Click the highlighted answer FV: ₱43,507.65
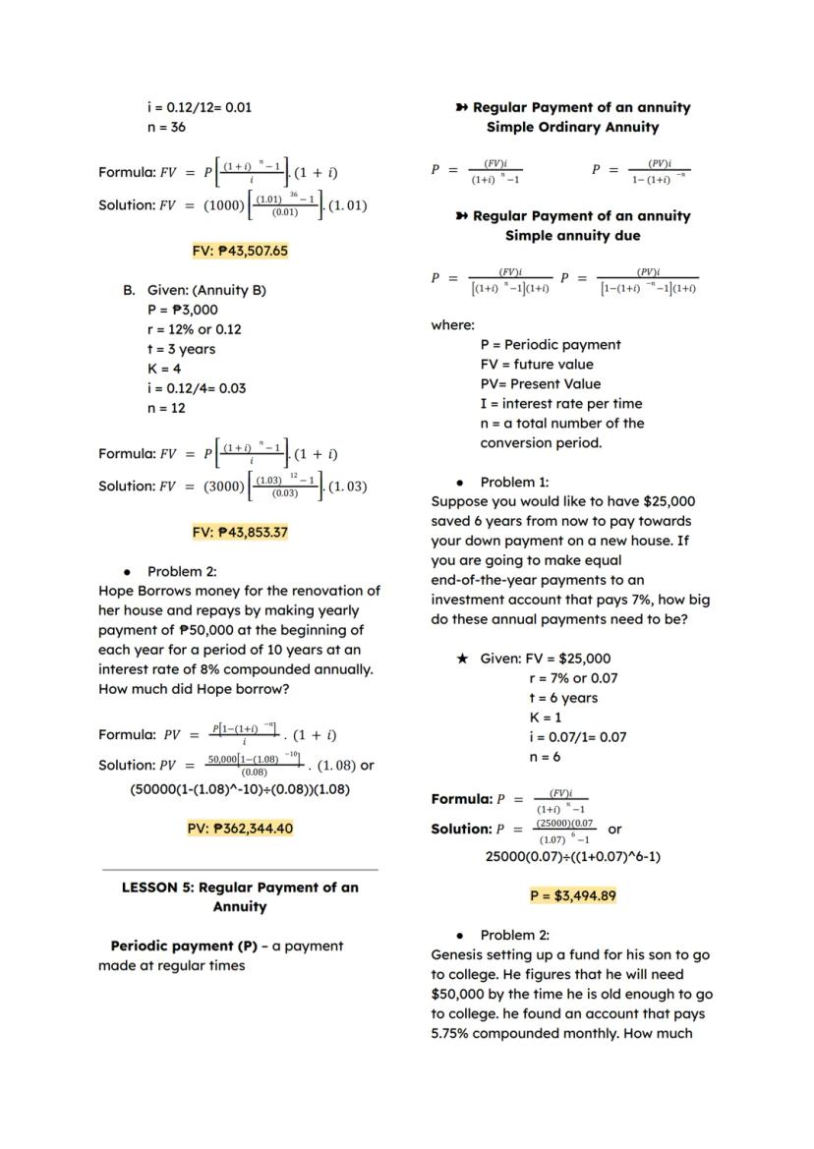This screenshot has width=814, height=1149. (240, 251)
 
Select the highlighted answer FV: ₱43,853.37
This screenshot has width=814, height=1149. (240, 532)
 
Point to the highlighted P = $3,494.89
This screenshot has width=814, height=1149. (572, 895)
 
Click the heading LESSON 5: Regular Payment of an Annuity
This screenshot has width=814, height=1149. (240, 896)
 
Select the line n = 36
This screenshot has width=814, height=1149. (166, 127)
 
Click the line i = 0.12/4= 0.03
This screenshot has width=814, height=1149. (197, 388)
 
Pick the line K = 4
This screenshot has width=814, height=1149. (164, 369)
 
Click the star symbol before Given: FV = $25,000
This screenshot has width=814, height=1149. (462, 659)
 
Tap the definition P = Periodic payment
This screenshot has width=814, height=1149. (551, 344)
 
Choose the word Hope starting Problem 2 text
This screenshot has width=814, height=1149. (116, 591)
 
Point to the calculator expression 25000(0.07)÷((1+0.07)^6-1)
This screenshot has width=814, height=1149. (572, 856)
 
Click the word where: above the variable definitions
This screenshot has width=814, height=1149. (452, 324)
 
